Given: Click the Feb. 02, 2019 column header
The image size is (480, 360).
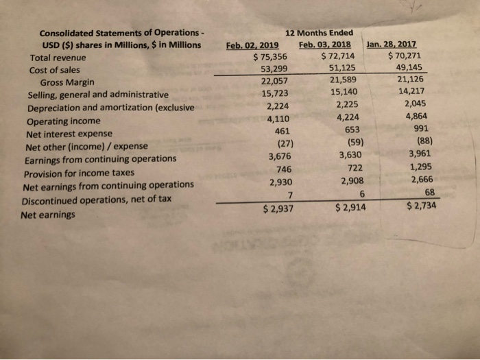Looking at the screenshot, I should [x=256, y=46].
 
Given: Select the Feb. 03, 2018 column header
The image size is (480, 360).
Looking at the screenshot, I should [x=326, y=45].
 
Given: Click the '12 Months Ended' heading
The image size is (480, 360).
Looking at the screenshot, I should [x=322, y=33].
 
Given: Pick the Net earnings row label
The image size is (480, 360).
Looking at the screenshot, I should [x=47, y=214].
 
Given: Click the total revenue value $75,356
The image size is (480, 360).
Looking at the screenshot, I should [x=270, y=58].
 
